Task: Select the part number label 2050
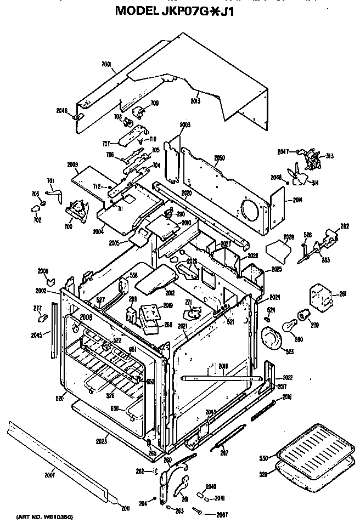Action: [x=220, y=158]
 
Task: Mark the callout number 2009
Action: [x=73, y=164]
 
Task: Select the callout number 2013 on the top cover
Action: [x=195, y=101]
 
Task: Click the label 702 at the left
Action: [x=38, y=220]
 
